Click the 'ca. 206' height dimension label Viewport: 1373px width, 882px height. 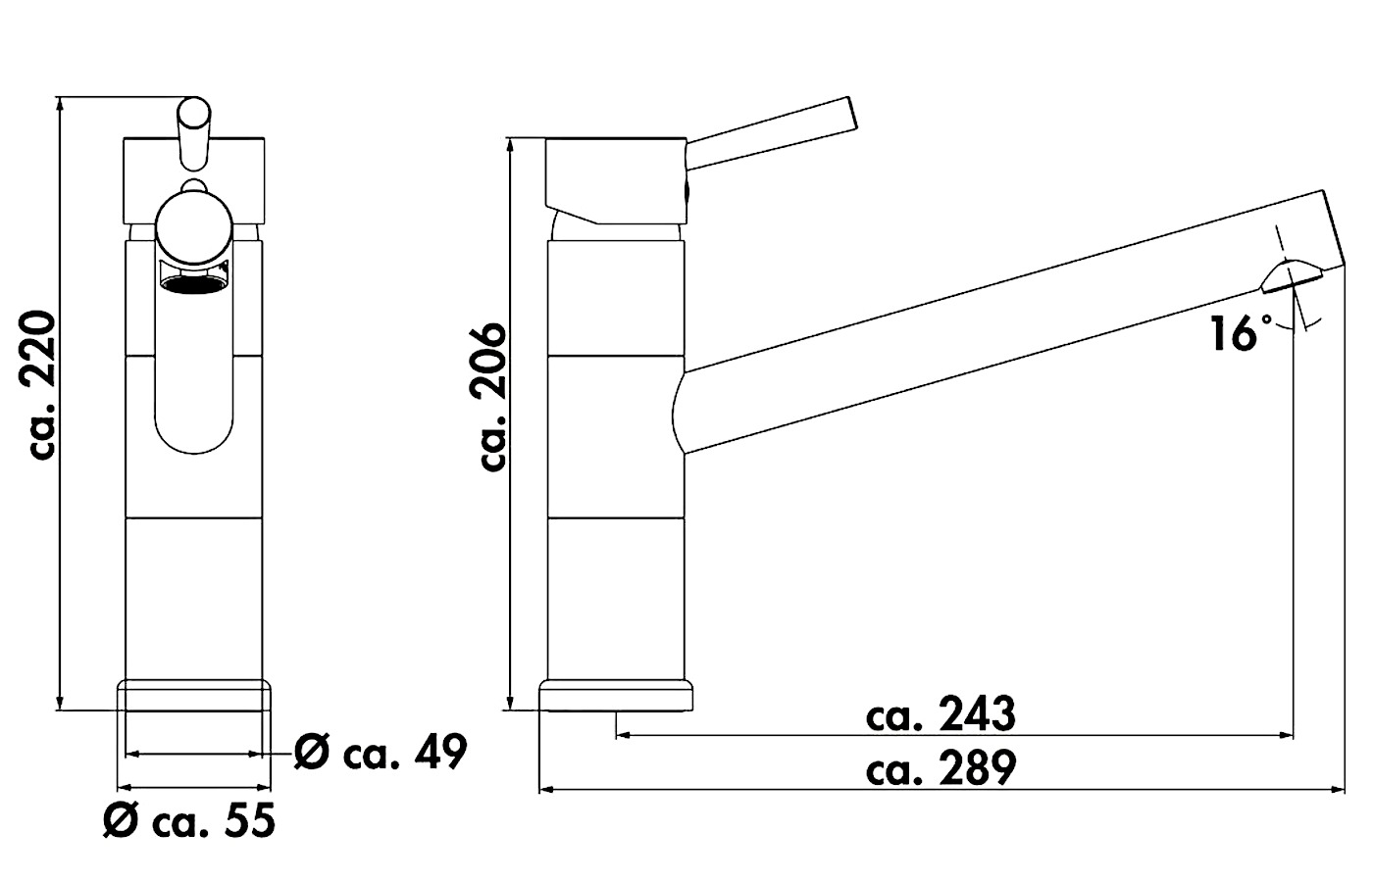tap(492, 397)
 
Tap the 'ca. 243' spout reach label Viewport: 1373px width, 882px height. tap(941, 713)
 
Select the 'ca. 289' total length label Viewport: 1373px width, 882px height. tap(941, 767)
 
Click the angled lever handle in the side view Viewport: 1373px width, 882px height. tap(771, 133)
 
